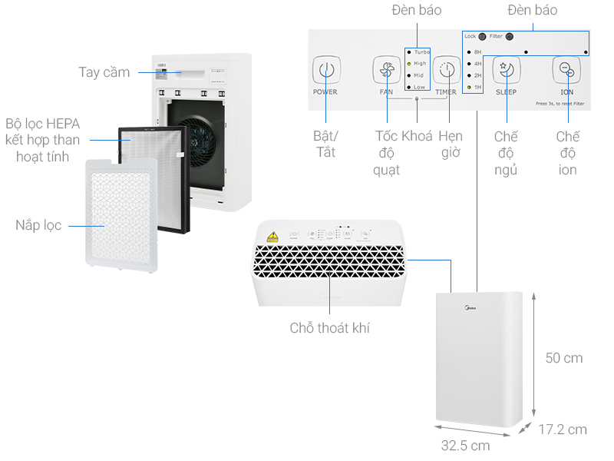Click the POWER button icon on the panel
click(x=325, y=70)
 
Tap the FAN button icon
click(x=386, y=70)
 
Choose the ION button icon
click(x=566, y=70)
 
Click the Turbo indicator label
click(x=422, y=51)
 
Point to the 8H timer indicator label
click(x=477, y=51)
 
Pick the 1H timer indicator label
click(x=477, y=88)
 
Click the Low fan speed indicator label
click(x=419, y=88)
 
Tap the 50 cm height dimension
click(x=564, y=358)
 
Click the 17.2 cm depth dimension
click(x=562, y=429)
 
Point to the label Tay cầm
click(x=104, y=72)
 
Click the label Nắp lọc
click(x=39, y=225)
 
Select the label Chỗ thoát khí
click(x=330, y=328)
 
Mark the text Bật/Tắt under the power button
click(x=326, y=144)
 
